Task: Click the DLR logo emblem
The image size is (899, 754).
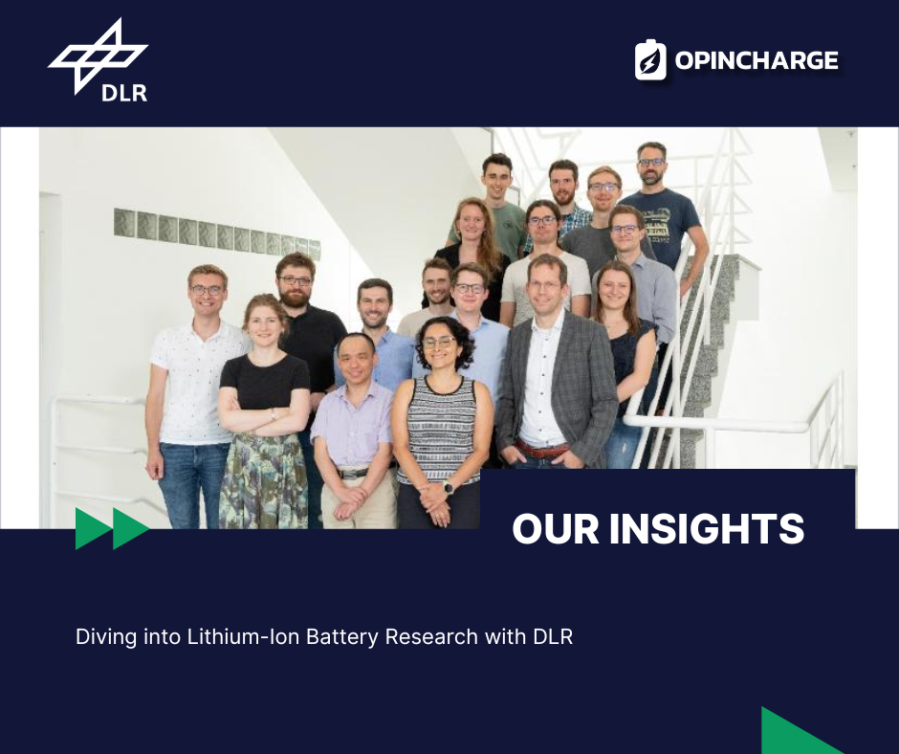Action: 98,55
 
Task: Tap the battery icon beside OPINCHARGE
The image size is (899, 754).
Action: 650,59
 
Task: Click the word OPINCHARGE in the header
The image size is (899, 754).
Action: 756,60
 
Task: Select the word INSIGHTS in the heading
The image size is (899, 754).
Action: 707,528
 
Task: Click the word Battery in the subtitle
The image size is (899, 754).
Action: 341,637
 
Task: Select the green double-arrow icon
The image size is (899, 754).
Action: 113,528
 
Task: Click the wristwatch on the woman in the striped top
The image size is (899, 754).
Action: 449,488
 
